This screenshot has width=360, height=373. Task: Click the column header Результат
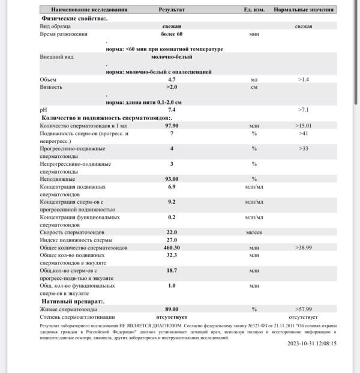[172, 10]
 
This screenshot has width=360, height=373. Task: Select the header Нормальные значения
[304, 10]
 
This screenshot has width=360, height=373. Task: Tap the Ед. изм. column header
[253, 10]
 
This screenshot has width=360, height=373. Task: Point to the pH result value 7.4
[172, 110]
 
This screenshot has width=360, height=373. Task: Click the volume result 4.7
[172, 79]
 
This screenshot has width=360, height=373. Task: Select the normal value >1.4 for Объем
[303, 79]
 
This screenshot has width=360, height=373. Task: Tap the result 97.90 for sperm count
[172, 126]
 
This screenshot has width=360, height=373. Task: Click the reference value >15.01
[303, 126]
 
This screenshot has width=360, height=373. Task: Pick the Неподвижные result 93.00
[172, 179]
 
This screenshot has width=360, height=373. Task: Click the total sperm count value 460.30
[172, 247]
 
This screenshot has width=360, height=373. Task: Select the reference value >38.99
[303, 247]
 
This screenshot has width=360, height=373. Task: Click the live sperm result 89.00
[172, 309]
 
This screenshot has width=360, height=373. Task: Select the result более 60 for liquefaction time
[172, 34]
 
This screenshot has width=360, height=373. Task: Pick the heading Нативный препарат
[73, 302]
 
